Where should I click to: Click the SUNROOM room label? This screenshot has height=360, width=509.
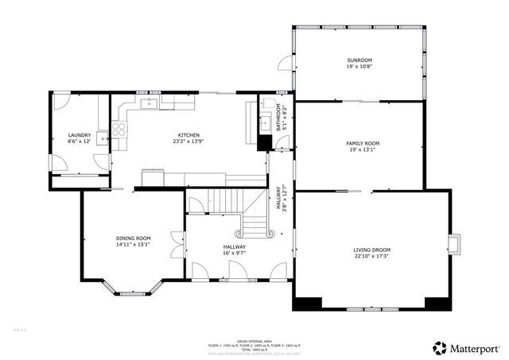[359, 60]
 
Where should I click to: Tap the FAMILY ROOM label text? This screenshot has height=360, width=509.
[362, 143]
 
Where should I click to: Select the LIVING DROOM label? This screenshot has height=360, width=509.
[371, 250]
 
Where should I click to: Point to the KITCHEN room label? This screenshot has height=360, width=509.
[188, 135]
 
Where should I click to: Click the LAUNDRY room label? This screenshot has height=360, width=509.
[79, 135]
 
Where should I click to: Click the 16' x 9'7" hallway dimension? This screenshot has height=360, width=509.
[234, 254]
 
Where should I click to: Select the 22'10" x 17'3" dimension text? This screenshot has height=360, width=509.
[371, 257]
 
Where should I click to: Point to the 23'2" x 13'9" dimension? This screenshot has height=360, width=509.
[188, 142]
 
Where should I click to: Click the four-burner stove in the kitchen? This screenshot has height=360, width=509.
[119, 130]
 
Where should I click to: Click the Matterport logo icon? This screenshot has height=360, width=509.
[439, 347]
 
